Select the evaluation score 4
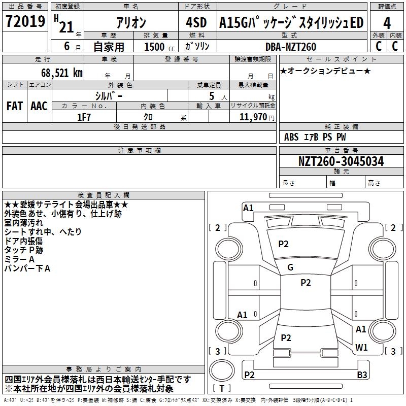[x=387, y=23]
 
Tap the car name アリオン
[x=131, y=23]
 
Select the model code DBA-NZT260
[x=291, y=47]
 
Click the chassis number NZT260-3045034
[x=341, y=161]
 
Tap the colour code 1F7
[x=84, y=116]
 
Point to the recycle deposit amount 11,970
[x=254, y=117]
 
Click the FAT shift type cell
[x=14, y=106]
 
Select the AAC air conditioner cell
[x=39, y=106]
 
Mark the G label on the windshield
[x=290, y=267]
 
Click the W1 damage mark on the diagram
[x=361, y=348]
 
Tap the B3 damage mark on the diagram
[x=361, y=375]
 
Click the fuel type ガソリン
[x=195, y=47]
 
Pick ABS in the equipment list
[x=291, y=137]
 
